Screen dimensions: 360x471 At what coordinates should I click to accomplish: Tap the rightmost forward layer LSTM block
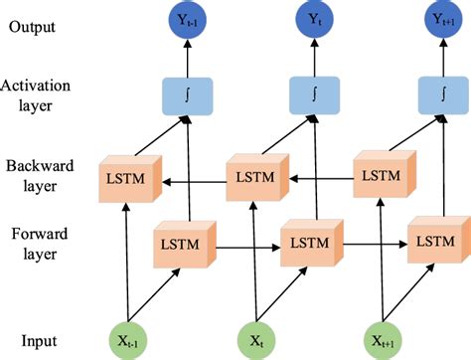(435, 242)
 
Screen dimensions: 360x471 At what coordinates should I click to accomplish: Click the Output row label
(34, 26)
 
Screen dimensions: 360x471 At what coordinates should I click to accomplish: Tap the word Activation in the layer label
(40, 89)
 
